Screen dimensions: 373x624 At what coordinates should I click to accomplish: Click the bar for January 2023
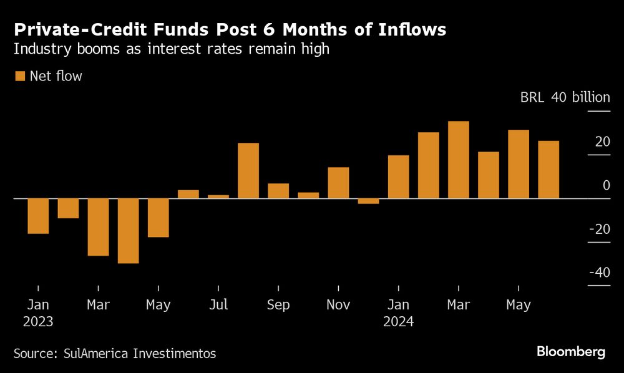[x=38, y=216]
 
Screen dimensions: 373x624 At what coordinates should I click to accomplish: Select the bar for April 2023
[x=128, y=231]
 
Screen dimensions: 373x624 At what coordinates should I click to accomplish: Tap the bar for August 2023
[x=248, y=171]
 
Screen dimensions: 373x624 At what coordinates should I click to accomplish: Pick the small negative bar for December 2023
[x=368, y=201]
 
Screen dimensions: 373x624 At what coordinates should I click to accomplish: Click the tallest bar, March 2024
[x=458, y=160]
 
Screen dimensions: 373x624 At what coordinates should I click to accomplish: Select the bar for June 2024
[x=548, y=170]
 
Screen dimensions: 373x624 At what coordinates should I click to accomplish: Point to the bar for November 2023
[x=338, y=183]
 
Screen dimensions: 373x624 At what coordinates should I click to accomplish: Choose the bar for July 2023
[x=218, y=196]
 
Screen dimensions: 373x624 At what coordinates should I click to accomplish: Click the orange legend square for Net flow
[x=19, y=76]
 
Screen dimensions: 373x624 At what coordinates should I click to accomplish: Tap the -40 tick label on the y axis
[x=599, y=273]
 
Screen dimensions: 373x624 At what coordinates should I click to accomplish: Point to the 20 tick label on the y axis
[x=602, y=142]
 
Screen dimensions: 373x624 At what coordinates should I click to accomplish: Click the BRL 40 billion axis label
[x=565, y=98]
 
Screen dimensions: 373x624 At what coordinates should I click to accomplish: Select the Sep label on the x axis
[x=278, y=305]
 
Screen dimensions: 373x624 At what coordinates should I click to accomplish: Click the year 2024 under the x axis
[x=399, y=322]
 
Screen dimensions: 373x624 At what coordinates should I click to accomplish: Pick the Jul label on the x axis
[x=218, y=305]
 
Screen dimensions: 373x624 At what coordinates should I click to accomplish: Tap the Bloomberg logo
[x=571, y=352]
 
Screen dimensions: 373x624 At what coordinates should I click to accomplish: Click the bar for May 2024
[x=519, y=164]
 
